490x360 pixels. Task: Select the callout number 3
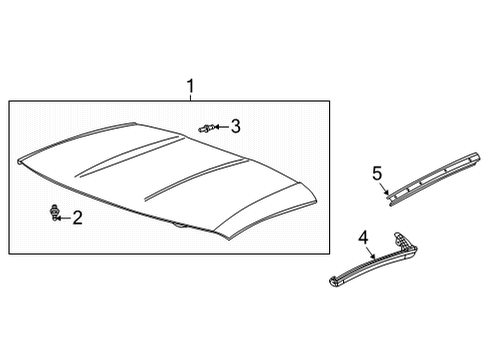tap(235, 125)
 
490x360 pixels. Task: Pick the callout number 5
tap(377, 174)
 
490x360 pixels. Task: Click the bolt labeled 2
tap(53, 213)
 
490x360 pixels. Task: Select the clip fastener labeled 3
tap(206, 127)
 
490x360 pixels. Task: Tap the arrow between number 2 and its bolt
tap(65, 215)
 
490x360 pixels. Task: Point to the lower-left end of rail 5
tap(391, 200)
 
